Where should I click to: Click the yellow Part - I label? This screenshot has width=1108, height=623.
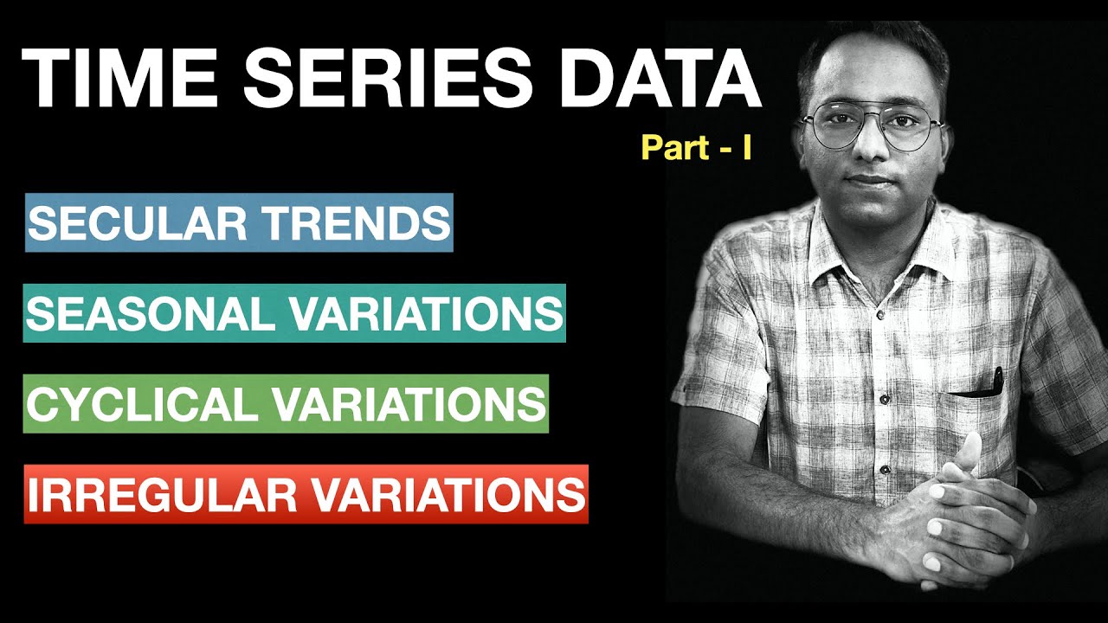pos(696,147)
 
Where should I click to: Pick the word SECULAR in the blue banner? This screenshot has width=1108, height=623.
pos(129,223)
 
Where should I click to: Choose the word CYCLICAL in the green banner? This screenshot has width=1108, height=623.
pos(142,404)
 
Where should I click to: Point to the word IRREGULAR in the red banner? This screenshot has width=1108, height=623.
pos(161,494)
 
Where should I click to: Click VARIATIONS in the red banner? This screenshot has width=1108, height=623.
pos(446,494)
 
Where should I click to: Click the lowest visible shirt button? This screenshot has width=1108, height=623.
pos(885,470)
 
